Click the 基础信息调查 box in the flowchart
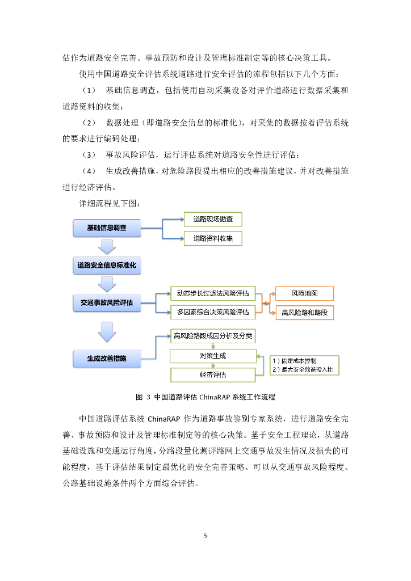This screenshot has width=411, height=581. coord(107,228)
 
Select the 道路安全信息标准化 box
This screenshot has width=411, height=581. coord(107,265)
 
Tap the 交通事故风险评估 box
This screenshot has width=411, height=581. coord(107,303)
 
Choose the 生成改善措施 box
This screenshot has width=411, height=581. coord(107,359)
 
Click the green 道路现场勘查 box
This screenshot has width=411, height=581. coord(213,219)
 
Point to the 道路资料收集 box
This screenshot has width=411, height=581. coord(213,238)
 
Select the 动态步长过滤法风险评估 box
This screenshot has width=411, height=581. coord(213,293)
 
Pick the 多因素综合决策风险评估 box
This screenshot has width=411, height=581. coord(213,312)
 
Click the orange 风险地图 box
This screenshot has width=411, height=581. coord(304,293)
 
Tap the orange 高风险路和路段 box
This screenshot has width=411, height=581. coord(304,313)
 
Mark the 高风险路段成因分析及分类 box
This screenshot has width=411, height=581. coord(213,336)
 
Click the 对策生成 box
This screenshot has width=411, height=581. coord(213,356)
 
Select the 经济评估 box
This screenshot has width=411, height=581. coord(213,375)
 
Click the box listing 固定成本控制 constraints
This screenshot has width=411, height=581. coord(304,365)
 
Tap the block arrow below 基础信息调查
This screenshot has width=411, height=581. coord(107,247)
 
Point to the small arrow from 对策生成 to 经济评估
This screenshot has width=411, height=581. coord(213,365)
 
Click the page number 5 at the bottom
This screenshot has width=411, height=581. coord(205,535)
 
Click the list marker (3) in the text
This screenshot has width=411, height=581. coord(90,155)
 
